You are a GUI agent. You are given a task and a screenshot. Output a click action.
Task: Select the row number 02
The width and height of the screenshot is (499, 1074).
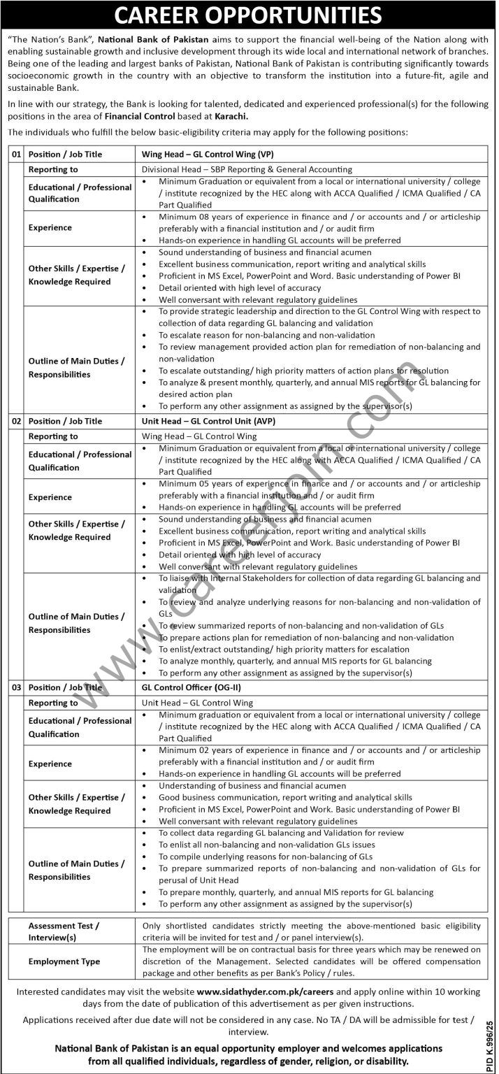point(16,421)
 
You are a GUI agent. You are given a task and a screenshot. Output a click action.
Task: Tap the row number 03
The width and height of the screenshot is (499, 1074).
point(16,687)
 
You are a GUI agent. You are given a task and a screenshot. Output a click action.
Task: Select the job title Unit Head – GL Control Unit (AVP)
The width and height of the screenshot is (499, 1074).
point(214,421)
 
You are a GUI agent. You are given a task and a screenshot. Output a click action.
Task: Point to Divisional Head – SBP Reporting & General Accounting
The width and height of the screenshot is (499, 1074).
point(247,169)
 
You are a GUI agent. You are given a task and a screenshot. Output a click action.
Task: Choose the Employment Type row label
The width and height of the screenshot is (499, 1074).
point(64,961)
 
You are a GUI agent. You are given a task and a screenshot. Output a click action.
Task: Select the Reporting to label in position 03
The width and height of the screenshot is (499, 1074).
point(53,703)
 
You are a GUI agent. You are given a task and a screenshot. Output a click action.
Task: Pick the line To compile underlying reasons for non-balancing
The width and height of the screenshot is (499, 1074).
point(266,857)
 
